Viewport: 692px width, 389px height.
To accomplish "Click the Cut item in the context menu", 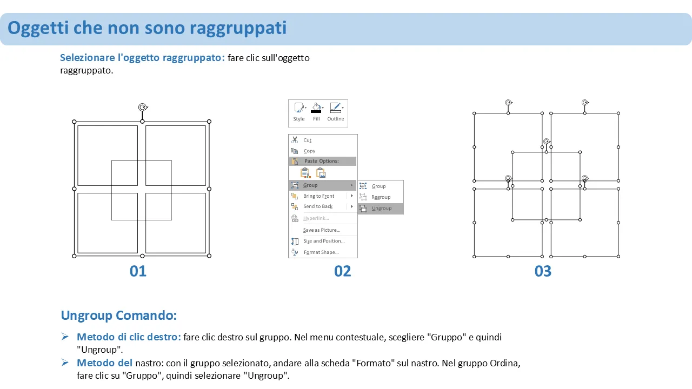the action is [x=307, y=140].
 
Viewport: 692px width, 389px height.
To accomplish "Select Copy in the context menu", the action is [x=309, y=151].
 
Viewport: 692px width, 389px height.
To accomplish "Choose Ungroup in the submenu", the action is [x=381, y=209].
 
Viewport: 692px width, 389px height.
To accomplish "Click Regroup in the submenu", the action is [x=381, y=197].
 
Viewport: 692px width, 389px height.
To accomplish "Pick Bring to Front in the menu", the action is [x=318, y=196].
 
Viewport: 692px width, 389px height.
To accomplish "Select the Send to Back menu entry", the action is [x=317, y=206].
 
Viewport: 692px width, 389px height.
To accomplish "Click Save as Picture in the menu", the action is [x=322, y=230].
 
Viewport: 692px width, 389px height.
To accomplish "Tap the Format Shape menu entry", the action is [x=321, y=252].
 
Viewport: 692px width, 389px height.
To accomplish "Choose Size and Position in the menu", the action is [x=324, y=241].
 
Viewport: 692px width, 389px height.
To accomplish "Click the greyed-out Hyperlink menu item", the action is [x=316, y=218].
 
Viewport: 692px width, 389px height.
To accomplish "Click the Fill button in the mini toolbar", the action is [x=316, y=112].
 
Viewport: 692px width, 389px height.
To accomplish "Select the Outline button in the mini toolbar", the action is [x=336, y=112].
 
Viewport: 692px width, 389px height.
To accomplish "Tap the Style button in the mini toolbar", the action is [x=299, y=112].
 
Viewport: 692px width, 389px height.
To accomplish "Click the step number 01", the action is [x=138, y=271].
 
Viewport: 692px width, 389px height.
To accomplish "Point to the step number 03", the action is [x=543, y=271].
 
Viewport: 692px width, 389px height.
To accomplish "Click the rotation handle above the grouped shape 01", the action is [x=143, y=108].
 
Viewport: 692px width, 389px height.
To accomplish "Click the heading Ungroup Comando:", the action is [x=118, y=316].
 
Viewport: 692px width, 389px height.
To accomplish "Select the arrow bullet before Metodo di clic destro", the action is [x=65, y=337].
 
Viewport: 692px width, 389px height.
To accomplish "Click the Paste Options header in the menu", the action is [x=321, y=161].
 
